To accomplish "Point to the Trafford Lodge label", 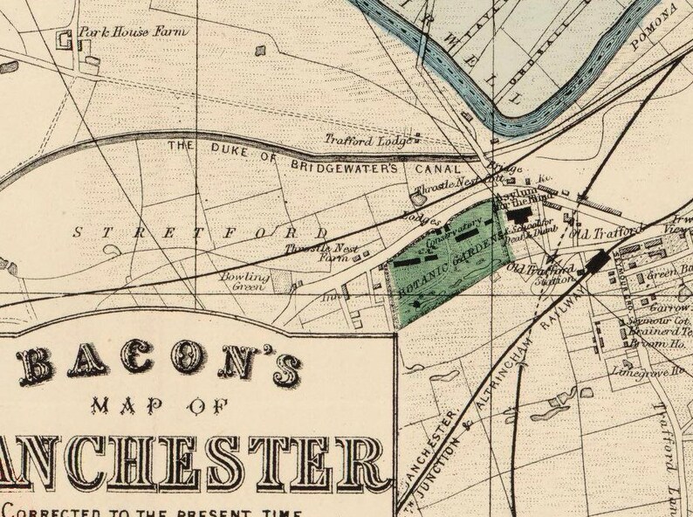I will (x=360, y=140).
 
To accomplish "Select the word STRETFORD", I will (x=199, y=233).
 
